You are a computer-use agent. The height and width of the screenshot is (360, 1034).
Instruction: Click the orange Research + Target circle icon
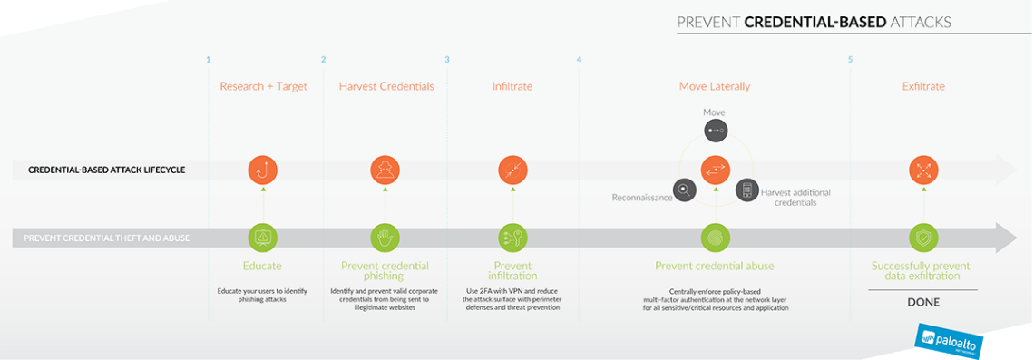pos(263,170)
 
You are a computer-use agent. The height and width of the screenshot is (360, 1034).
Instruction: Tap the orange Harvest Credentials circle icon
pos(385,170)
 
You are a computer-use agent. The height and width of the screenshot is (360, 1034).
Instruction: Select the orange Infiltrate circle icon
pos(512,170)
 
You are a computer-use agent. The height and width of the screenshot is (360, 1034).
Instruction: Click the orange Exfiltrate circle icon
pos(923,170)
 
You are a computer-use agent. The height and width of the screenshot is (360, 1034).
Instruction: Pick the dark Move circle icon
pos(716,131)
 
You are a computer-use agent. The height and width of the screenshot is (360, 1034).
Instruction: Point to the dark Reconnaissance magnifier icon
pos(686,190)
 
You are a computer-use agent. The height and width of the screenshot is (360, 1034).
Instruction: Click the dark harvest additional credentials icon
pos(747,190)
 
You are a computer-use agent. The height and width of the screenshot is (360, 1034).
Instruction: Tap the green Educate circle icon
pos(263,238)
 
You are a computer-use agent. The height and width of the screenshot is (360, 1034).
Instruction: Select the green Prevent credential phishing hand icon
pos(385,238)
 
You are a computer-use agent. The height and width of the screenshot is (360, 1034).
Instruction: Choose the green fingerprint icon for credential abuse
pos(716,238)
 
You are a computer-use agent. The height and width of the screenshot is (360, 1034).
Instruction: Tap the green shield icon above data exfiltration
pos(923,238)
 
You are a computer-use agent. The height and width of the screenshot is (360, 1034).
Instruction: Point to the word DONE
pos(923,302)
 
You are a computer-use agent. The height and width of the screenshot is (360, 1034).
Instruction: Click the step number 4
pos(579,60)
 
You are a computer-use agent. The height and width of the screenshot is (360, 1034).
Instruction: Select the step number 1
pos(208,60)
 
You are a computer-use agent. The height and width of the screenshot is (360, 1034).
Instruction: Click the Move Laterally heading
pos(715,86)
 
